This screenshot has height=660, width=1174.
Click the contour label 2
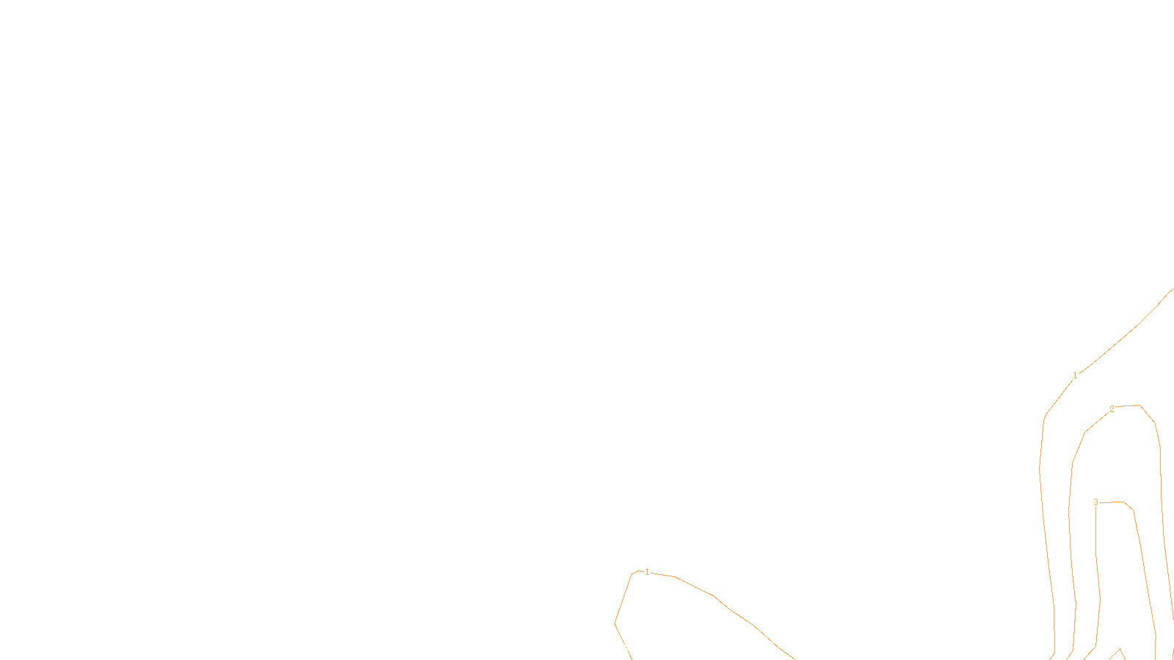(1112, 409)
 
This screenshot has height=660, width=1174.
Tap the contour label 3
(1095, 502)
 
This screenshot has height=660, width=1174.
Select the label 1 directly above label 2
(1075, 375)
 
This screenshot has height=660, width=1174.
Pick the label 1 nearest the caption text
(646, 572)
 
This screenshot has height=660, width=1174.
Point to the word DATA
(620, 648)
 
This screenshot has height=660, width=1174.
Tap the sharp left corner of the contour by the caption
(615, 623)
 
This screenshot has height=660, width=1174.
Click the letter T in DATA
(623, 648)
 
